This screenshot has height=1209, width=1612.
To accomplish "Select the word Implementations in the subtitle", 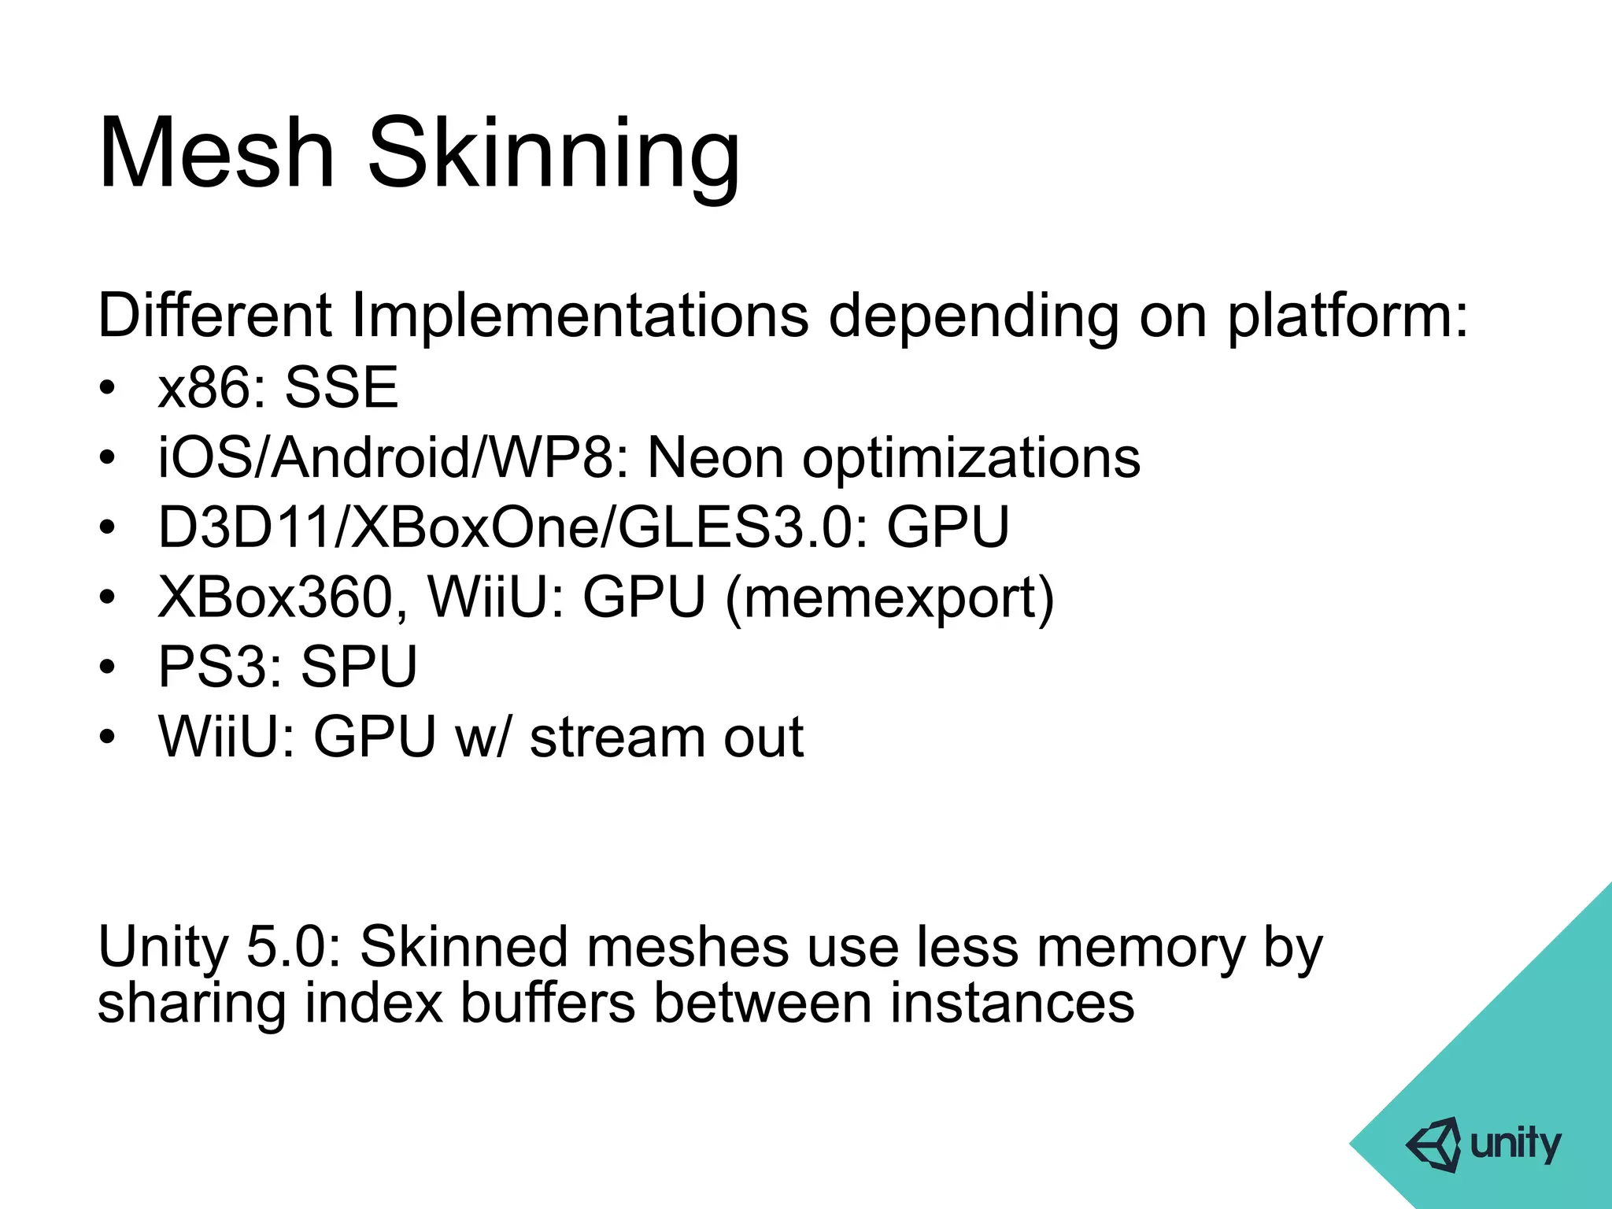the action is pos(579,316).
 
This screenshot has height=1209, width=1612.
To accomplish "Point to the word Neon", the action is pos(715,457).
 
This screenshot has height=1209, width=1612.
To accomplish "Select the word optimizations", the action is pos(971,457).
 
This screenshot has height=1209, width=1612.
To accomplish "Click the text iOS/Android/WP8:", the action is pos(394,457).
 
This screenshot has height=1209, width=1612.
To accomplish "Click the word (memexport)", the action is pos(889,597).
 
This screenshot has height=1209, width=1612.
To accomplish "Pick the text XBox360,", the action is pos(283,597).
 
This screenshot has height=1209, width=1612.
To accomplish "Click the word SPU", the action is pos(359,667).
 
